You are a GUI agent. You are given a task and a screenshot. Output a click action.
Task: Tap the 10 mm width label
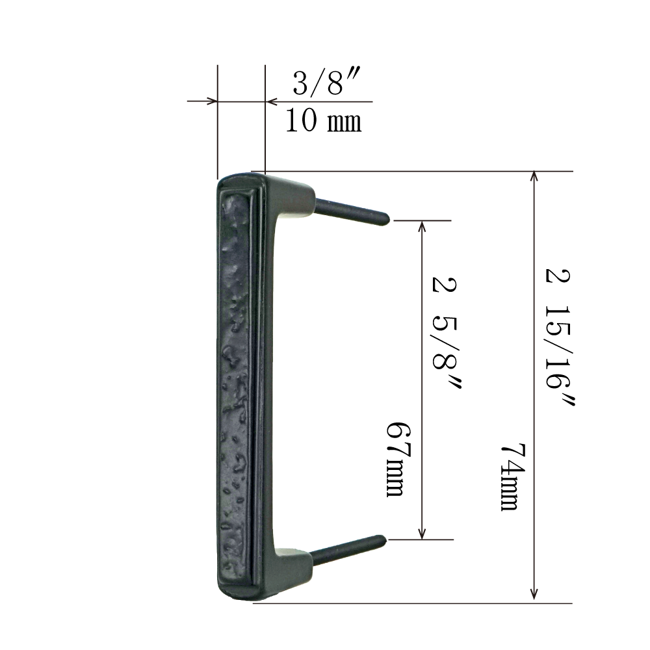[323, 121]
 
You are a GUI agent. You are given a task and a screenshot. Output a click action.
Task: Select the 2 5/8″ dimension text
[446, 333]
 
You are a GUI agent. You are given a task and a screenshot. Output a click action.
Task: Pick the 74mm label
[513, 476]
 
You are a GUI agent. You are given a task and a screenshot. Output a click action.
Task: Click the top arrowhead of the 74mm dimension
[534, 175]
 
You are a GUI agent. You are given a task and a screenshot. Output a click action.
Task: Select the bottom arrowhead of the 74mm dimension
[534, 593]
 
